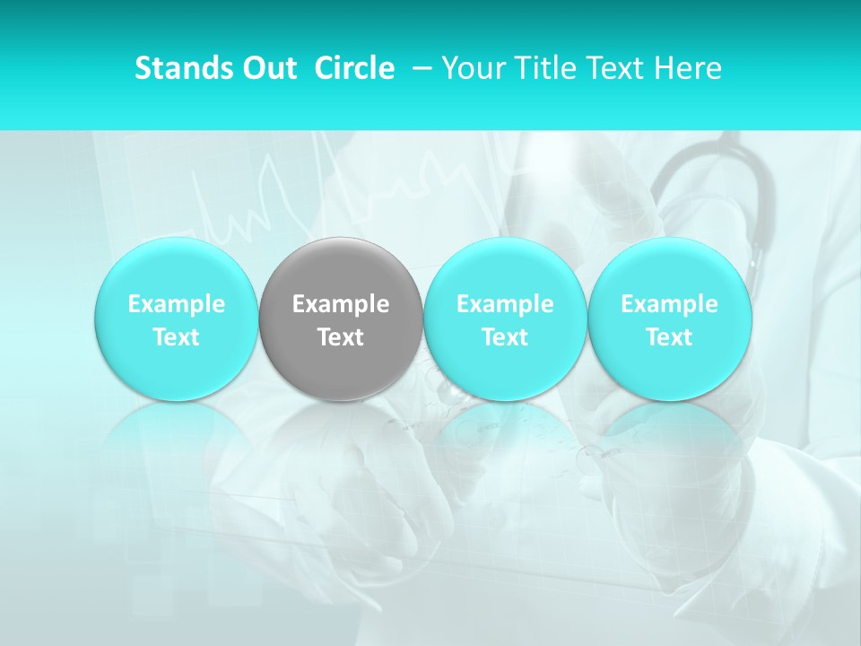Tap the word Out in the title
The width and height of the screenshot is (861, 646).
click(267, 68)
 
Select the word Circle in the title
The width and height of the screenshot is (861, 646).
click(354, 68)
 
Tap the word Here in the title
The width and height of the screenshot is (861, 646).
click(689, 68)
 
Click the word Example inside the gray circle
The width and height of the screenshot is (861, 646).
click(341, 304)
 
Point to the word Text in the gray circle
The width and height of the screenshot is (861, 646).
click(341, 337)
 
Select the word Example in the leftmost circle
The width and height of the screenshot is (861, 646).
click(176, 304)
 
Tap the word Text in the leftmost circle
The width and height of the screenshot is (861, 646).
click(176, 337)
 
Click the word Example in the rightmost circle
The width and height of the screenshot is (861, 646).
click(670, 304)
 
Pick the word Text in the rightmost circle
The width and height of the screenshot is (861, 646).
click(670, 337)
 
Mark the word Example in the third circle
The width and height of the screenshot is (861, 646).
click(505, 304)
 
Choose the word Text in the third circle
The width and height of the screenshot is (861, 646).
click(505, 337)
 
